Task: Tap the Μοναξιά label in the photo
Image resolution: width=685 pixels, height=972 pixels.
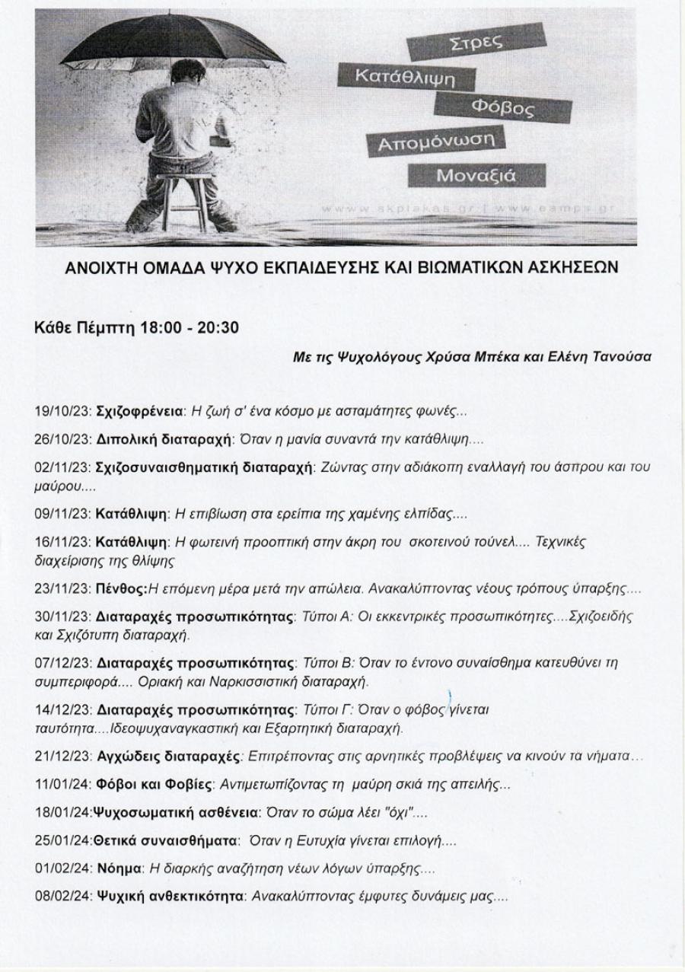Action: (476, 175)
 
